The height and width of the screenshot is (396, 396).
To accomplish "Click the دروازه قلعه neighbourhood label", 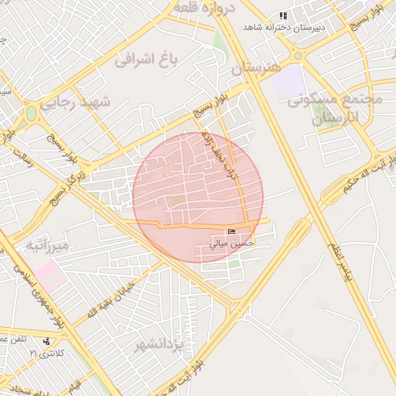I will tap(203, 7).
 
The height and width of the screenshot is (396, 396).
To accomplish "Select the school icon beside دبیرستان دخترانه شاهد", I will tap(283, 15).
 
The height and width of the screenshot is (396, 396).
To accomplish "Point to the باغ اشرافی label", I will tap(146, 58).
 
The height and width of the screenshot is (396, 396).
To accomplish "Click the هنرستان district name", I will tap(254, 69).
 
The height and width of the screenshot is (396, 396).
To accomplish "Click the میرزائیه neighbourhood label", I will tap(48, 246).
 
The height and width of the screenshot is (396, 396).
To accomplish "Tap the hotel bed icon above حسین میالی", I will tap(232, 232).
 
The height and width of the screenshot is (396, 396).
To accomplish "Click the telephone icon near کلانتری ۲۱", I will tap(48, 341).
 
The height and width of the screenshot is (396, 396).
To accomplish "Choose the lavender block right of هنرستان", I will tap(288, 80).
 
